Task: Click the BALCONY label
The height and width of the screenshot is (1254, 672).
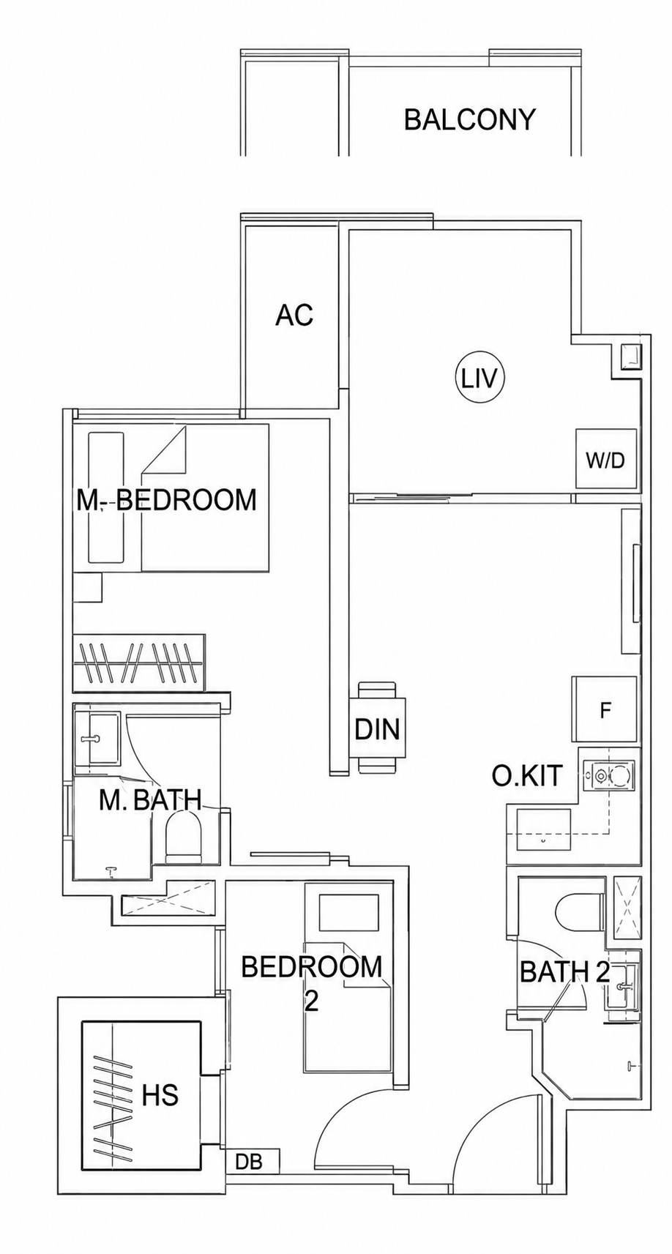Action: coord(470,120)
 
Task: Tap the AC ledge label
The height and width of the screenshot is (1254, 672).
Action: coord(294,316)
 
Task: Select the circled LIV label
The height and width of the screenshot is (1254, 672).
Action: coord(480,379)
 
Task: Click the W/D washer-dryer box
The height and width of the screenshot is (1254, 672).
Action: coord(606,458)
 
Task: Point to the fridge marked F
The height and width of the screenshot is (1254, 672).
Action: coord(605,710)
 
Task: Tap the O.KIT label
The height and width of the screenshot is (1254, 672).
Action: coord(526,776)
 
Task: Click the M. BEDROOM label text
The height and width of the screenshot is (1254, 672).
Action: coord(166,500)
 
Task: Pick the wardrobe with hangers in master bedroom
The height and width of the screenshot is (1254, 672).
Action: coord(139,661)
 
